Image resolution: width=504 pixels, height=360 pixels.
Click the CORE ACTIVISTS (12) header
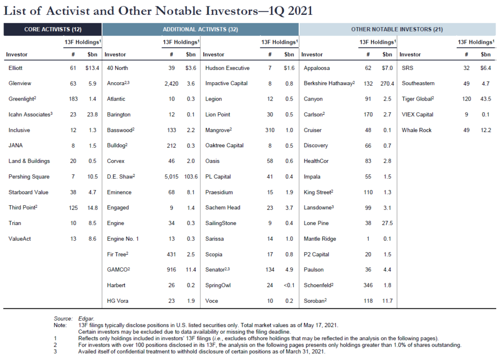point(53,30)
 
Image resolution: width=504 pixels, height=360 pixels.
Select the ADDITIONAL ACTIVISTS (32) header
point(200,30)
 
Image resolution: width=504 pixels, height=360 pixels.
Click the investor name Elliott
point(16,68)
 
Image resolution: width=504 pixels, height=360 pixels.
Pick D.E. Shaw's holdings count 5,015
point(169,177)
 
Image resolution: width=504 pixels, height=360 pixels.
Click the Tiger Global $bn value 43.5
point(485,99)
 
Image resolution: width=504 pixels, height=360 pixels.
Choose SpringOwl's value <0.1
point(288,285)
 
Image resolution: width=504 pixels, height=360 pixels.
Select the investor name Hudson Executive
point(227,68)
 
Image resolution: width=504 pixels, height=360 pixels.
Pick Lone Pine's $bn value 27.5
point(387,223)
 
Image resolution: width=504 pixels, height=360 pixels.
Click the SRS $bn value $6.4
point(485,68)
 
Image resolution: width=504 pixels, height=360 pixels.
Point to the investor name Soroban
point(315,301)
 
